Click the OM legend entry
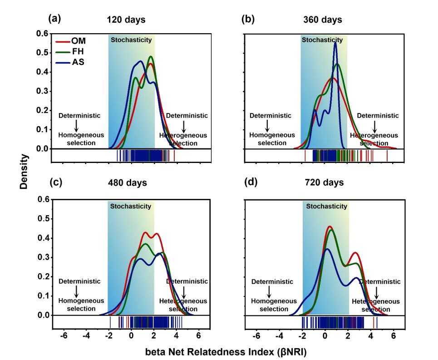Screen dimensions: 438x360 71,41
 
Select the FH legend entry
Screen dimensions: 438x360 70,51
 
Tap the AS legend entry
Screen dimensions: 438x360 70,62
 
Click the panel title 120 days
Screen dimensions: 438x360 126,20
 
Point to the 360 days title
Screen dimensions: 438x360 323,20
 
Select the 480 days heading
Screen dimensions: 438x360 128,182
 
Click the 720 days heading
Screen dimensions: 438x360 325,182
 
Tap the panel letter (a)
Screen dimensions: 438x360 54,19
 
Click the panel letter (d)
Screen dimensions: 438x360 251,182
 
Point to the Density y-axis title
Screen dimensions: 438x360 24,172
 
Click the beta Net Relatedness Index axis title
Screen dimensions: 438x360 226,352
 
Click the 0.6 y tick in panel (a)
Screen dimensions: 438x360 42,34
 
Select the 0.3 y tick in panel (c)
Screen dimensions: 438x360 44,257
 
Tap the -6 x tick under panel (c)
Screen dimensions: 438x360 64,335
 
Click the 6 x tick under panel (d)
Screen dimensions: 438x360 394,335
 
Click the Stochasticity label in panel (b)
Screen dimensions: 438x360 322,40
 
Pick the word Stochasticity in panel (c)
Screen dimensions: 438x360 131,206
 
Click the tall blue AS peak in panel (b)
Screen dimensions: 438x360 335,43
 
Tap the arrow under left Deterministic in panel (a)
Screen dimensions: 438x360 76,126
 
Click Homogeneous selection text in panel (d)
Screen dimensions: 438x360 274,305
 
